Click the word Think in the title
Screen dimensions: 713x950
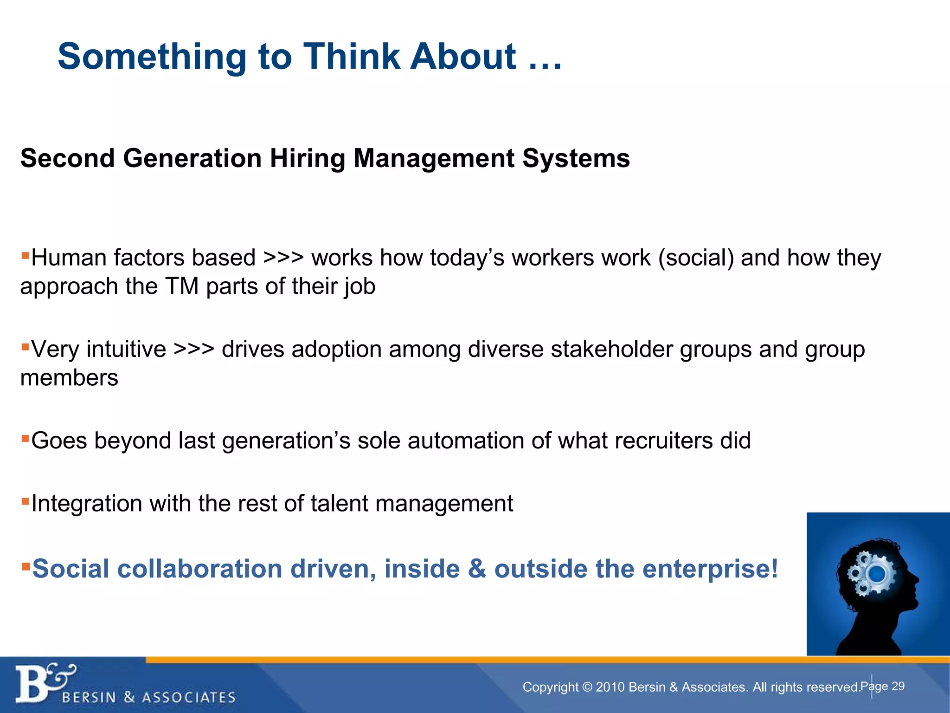[x=351, y=57]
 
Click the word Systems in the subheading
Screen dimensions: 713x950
[x=576, y=159]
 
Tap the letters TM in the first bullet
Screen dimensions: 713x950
[x=182, y=286]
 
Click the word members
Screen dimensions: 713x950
[x=69, y=378]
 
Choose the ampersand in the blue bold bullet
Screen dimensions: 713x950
[x=477, y=569]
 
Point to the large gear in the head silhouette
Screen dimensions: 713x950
[x=876, y=574]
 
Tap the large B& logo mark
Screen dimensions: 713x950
[x=42, y=683]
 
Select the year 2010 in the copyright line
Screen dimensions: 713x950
[x=609, y=687]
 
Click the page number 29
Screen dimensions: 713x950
[x=898, y=687]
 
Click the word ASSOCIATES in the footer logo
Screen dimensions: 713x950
[x=188, y=698]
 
